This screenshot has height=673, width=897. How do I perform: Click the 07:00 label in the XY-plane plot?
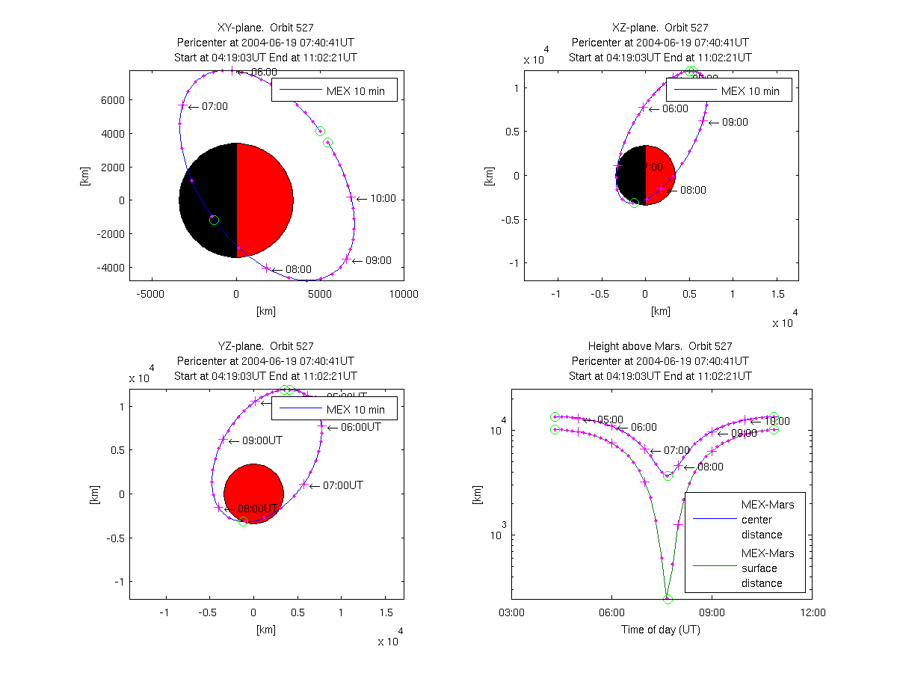(x=214, y=107)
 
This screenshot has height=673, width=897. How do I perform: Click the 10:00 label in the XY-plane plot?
(x=382, y=200)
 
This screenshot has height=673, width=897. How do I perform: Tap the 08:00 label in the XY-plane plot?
(x=298, y=269)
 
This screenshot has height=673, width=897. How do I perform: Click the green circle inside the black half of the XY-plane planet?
(x=215, y=220)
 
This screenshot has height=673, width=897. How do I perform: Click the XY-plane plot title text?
(x=265, y=28)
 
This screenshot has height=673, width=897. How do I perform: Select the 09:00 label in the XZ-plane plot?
(x=733, y=122)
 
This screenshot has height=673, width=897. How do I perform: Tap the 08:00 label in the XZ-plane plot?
(x=692, y=190)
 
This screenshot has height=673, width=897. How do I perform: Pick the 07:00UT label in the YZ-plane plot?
(x=343, y=485)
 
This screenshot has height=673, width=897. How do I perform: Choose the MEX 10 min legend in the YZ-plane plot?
(x=334, y=409)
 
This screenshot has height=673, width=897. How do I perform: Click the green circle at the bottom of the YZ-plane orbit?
(x=243, y=522)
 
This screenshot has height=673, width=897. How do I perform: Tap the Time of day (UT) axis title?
(x=661, y=630)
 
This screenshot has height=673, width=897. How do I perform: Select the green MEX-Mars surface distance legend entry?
(x=768, y=568)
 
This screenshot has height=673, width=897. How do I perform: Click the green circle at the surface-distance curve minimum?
(x=668, y=599)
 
